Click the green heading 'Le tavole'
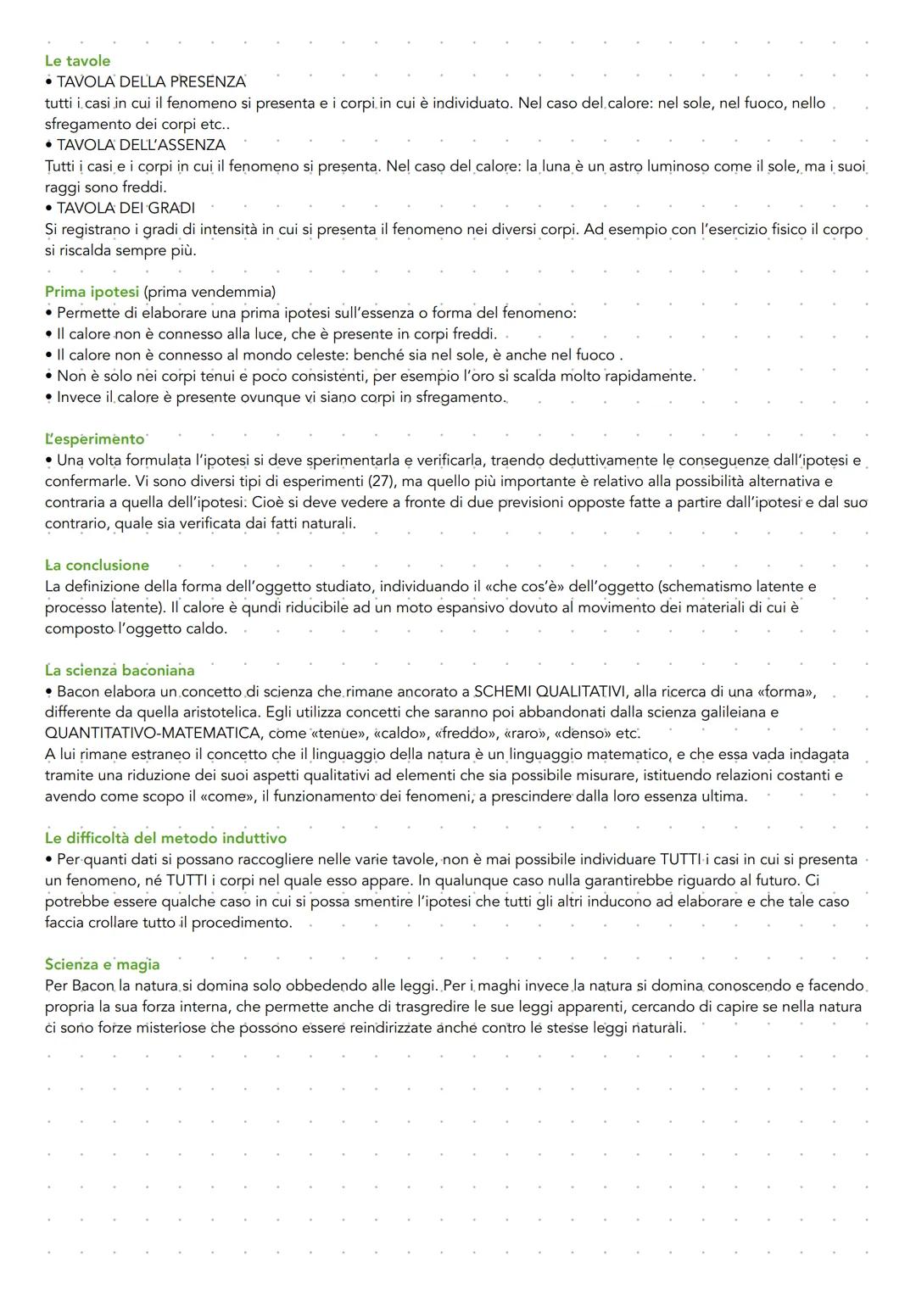click(77, 61)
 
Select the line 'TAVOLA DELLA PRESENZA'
click(151, 82)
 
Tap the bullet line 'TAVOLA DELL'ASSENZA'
click(141, 145)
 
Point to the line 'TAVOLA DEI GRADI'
click(126, 208)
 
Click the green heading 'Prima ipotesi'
click(92, 292)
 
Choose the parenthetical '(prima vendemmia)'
click(209, 292)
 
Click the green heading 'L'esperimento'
click(94, 439)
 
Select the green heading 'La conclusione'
click(97, 566)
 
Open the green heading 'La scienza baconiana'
click(120, 671)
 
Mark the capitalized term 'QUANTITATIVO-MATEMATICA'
click(153, 734)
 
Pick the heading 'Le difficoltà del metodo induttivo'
click(165, 839)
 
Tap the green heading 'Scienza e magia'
click(102, 965)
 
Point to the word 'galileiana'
click(728, 712)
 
